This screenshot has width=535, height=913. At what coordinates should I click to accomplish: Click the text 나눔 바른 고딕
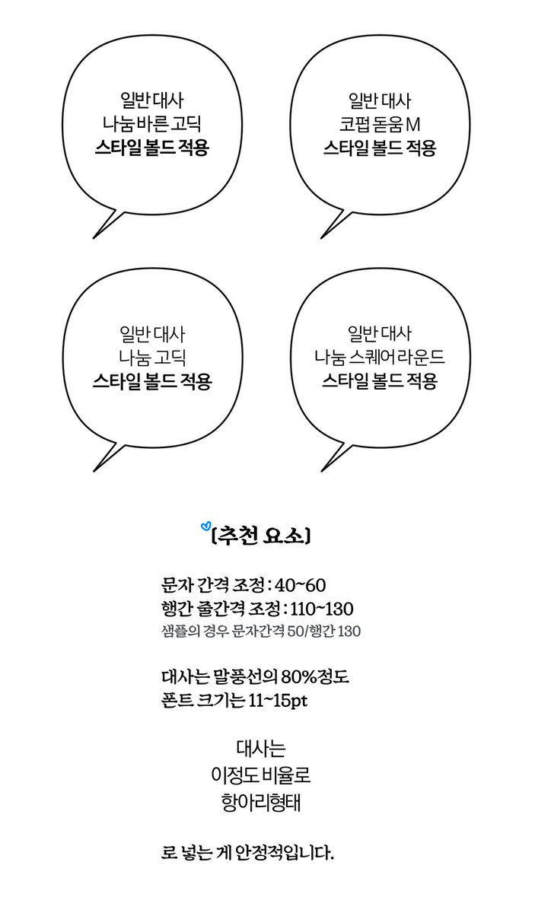coord(151,123)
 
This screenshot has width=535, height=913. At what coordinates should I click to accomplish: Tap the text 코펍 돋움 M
coord(379,123)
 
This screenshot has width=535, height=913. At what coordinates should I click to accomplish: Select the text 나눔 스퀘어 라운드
coord(379,356)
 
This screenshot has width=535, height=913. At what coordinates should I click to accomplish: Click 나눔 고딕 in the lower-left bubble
coord(151,356)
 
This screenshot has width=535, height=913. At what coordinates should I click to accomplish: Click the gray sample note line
coord(261,631)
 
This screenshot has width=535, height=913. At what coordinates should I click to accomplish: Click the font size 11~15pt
coord(278,700)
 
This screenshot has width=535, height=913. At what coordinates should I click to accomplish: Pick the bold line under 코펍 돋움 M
coord(379,148)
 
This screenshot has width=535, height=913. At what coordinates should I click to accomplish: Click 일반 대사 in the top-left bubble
coord(151,100)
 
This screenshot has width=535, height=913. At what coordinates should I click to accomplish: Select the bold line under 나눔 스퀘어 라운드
coord(379,380)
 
